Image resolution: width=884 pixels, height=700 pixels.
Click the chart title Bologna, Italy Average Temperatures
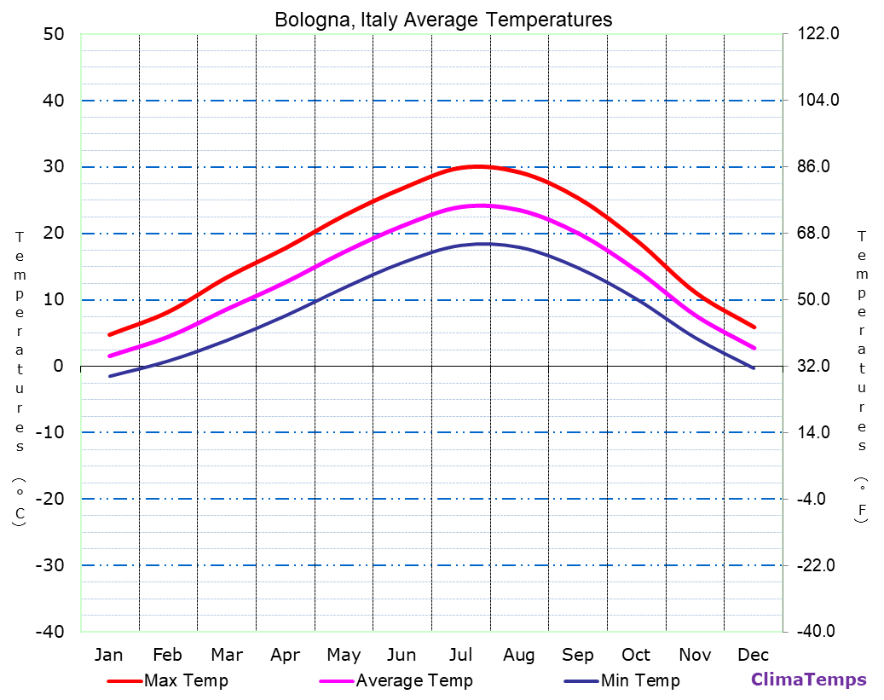click(442, 19)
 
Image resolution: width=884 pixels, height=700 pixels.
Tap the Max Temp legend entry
click(186, 680)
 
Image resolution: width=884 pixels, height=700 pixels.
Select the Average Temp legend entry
click(413, 680)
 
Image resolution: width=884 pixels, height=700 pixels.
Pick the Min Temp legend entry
click(639, 680)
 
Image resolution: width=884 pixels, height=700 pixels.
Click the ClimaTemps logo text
click(808, 680)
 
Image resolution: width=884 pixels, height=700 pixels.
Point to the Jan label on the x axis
click(108, 655)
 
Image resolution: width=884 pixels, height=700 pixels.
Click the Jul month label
click(460, 655)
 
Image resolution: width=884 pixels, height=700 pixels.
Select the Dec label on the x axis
click(754, 655)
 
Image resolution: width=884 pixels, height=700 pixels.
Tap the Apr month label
click(285, 655)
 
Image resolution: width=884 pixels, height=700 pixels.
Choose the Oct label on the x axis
click(636, 655)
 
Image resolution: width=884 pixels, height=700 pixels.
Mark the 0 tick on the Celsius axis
click(59, 366)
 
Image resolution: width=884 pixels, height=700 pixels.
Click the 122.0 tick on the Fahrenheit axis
click(818, 34)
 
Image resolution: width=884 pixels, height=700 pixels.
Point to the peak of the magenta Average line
click(481, 205)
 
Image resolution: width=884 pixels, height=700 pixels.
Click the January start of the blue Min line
click(109, 376)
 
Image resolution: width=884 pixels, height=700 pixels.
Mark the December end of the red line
click(754, 327)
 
